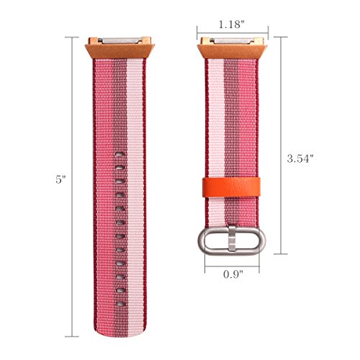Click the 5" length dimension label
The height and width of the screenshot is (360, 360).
[60, 179]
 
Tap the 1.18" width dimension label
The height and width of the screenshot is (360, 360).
[231, 24]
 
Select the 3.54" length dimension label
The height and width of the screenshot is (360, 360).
[300, 158]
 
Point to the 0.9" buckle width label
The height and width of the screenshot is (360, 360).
[233, 274]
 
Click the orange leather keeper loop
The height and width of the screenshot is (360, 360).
[232, 187]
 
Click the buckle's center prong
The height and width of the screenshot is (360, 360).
[232, 238]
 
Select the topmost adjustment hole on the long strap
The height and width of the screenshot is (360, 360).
[120, 154]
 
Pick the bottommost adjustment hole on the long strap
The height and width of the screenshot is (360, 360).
[121, 304]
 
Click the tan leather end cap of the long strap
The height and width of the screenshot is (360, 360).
[120, 51]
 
